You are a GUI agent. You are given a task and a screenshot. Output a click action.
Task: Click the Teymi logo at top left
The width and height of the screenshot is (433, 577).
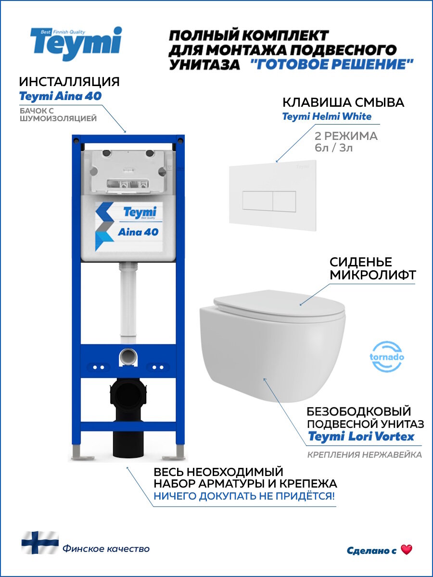coord(76,43)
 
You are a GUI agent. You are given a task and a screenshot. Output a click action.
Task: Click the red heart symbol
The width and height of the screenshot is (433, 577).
coord(407,550)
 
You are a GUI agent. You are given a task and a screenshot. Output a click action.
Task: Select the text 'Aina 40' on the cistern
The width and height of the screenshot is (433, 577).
coord(138,232)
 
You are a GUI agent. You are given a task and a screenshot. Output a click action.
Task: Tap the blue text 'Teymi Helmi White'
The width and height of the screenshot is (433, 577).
coord(326,116)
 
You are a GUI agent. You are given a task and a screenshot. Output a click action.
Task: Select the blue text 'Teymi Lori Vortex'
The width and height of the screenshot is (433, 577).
coord(361,437)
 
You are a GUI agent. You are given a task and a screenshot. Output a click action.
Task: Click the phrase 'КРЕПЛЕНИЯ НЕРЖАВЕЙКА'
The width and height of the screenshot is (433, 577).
coord(365,455)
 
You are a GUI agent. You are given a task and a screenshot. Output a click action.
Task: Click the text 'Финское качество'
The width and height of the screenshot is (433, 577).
coord(106,549)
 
